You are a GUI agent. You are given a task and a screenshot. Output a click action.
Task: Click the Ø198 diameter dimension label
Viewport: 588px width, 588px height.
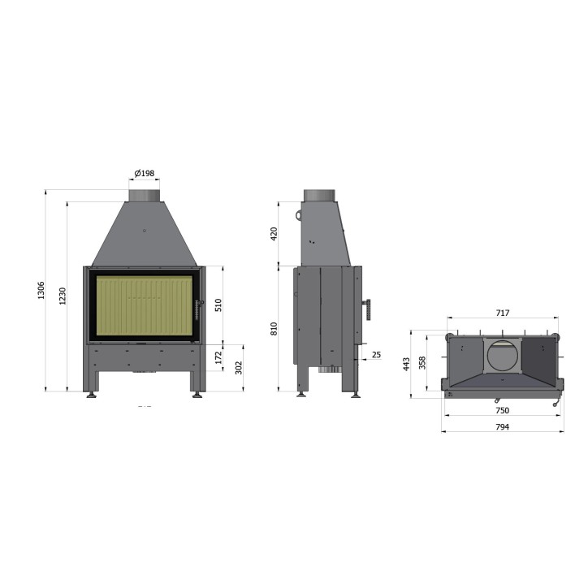tap(145, 173)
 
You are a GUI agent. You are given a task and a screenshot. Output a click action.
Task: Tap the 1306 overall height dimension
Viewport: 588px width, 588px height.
tap(41, 291)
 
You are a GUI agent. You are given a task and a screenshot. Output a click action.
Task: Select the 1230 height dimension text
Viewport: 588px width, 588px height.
tap(63, 296)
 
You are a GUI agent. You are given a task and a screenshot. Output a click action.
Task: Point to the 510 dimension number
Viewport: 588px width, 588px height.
tap(218, 305)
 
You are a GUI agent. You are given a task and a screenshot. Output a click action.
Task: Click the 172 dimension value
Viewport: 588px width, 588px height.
tap(218, 357)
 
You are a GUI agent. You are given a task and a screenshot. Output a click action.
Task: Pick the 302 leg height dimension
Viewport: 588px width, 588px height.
tap(239, 367)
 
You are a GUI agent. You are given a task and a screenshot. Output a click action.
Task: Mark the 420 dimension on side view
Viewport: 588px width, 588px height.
tap(274, 234)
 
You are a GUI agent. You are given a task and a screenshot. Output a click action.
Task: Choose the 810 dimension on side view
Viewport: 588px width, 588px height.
tap(274, 329)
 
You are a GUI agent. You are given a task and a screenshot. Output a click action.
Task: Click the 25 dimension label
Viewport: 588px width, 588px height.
tap(376, 354)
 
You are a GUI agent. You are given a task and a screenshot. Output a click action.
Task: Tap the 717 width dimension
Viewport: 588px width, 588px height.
tap(503, 313)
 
